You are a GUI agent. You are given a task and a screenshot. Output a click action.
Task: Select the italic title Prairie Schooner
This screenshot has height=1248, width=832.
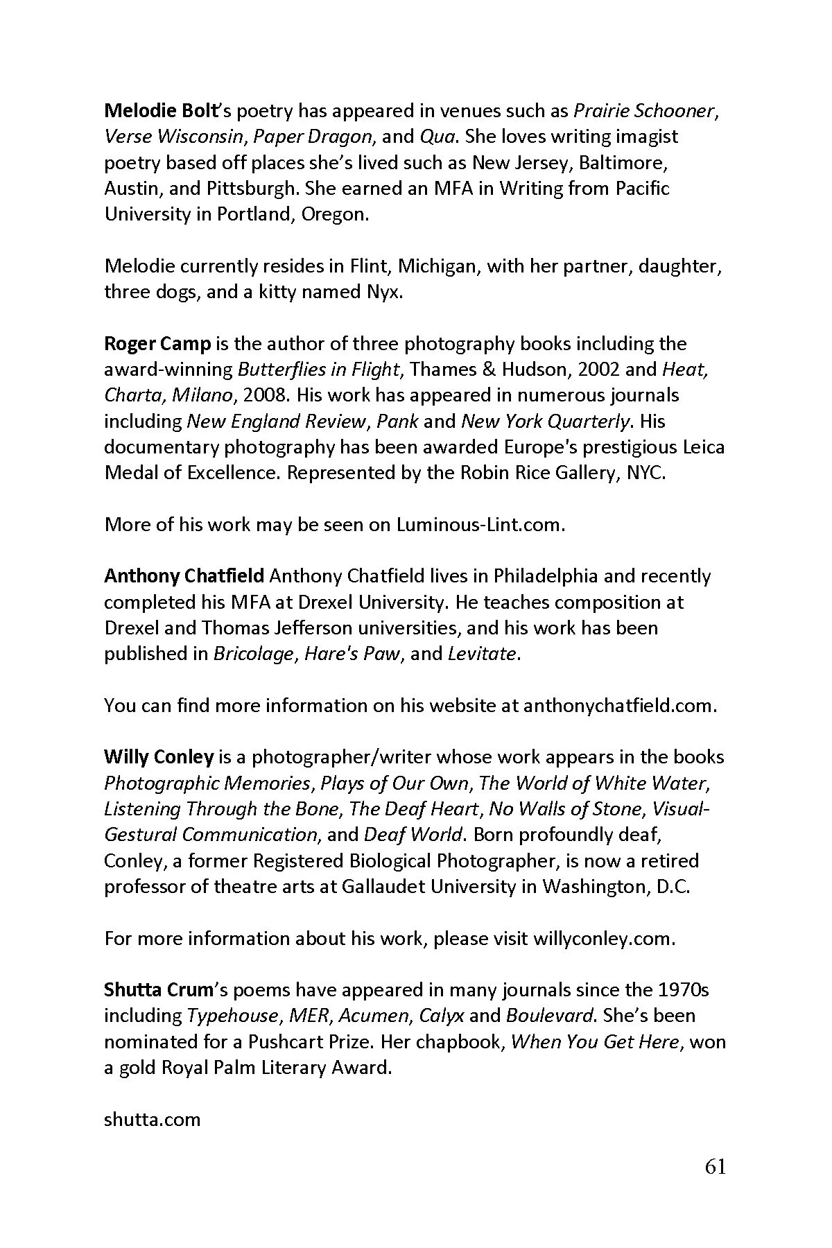tap(644, 110)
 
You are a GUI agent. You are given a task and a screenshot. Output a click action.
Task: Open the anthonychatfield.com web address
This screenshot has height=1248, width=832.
tap(618, 706)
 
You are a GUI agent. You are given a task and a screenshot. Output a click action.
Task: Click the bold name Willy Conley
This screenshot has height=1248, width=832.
tap(159, 757)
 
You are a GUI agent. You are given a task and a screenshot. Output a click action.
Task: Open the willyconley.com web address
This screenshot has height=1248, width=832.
tap(603, 939)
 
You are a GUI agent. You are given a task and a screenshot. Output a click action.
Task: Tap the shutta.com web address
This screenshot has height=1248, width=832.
tap(152, 1119)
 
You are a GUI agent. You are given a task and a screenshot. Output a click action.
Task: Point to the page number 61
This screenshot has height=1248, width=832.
tap(715, 1168)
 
